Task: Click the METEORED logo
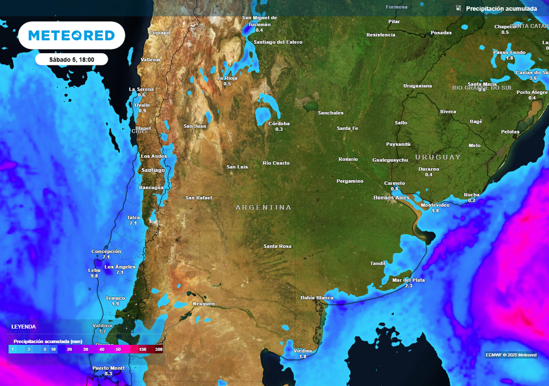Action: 71,35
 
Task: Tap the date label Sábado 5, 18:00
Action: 71,60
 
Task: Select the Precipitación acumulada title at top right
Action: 501,9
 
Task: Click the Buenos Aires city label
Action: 391,198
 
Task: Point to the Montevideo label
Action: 435,205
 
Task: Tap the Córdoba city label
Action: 279,123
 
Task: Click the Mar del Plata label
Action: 409,280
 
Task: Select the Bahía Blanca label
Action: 316,298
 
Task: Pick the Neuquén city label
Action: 203,304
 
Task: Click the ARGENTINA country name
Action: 263,207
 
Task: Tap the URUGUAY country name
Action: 437,157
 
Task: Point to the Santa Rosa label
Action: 277,246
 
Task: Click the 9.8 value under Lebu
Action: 94,276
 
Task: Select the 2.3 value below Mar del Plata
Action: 409,286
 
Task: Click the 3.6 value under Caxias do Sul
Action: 533,78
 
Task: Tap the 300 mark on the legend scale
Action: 159,350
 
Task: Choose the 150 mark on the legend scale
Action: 143,350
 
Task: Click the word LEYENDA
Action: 24,326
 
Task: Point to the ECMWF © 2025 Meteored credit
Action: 510,355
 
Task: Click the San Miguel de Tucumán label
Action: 259,21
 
